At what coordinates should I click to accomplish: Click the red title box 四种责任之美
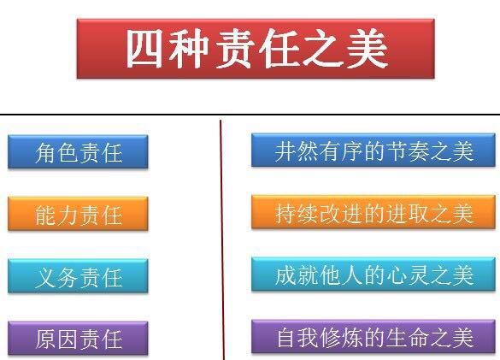pos(256,49)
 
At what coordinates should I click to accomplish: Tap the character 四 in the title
pos(144,49)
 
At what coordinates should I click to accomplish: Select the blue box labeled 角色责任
pos(78,151)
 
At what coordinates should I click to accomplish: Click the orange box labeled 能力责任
pos(78,214)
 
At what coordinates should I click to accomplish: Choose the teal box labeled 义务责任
pos(78,275)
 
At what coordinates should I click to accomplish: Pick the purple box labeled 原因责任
pos(78,338)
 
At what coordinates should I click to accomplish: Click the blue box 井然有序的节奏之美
pos(374,150)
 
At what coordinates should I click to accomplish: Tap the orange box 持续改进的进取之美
pos(374,212)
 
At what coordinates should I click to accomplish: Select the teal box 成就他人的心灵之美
pos(374,274)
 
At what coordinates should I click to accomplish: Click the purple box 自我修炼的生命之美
pos(374,336)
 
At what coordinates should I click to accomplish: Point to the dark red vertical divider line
pos(222,240)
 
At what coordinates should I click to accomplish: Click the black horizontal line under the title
pos(250,114)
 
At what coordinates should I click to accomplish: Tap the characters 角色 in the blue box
pos(56,153)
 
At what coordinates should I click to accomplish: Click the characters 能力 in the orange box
pos(56,215)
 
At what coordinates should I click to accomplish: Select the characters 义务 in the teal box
pos(57,277)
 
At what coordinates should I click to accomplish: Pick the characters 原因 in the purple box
pos(56,339)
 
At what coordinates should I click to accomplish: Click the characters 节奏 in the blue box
pos(407,151)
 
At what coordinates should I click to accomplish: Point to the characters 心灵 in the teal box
pos(407,275)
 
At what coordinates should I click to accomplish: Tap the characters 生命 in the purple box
pos(407,338)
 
